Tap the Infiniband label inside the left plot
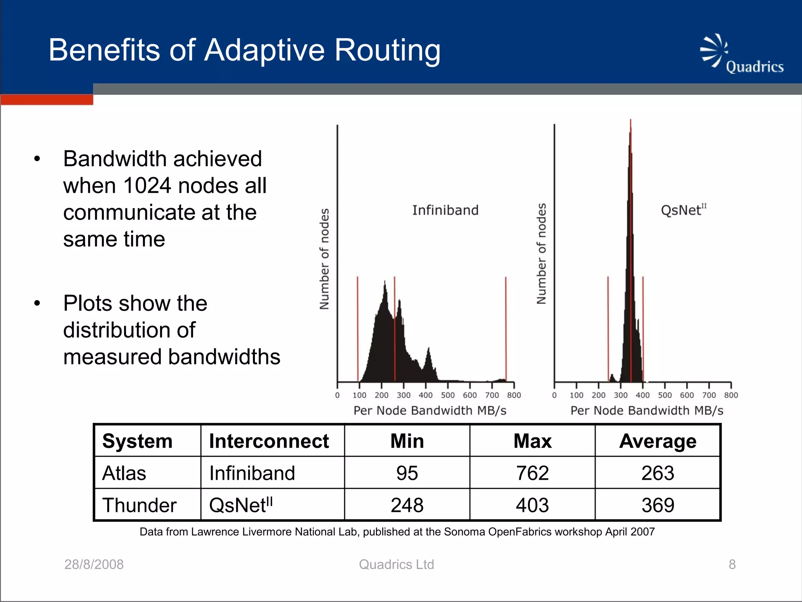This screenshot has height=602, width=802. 445,210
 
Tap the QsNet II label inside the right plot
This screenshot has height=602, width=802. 683,210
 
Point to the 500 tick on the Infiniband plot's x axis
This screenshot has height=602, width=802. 448,395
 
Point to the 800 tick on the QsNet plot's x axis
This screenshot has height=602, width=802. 731,395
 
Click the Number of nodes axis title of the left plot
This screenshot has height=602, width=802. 324,259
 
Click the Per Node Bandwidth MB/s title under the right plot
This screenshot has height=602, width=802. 647,410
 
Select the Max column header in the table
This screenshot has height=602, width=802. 532,441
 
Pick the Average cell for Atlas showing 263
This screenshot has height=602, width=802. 657,473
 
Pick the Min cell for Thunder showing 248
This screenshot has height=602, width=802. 407,505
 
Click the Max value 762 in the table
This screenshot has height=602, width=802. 532,473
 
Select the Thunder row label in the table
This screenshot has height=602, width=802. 139,505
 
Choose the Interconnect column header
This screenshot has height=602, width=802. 269,441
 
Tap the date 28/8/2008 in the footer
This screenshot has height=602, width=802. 94,564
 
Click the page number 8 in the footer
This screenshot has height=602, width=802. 732,564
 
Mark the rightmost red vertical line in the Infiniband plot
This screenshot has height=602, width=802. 506,329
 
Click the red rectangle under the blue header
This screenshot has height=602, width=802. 47,100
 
